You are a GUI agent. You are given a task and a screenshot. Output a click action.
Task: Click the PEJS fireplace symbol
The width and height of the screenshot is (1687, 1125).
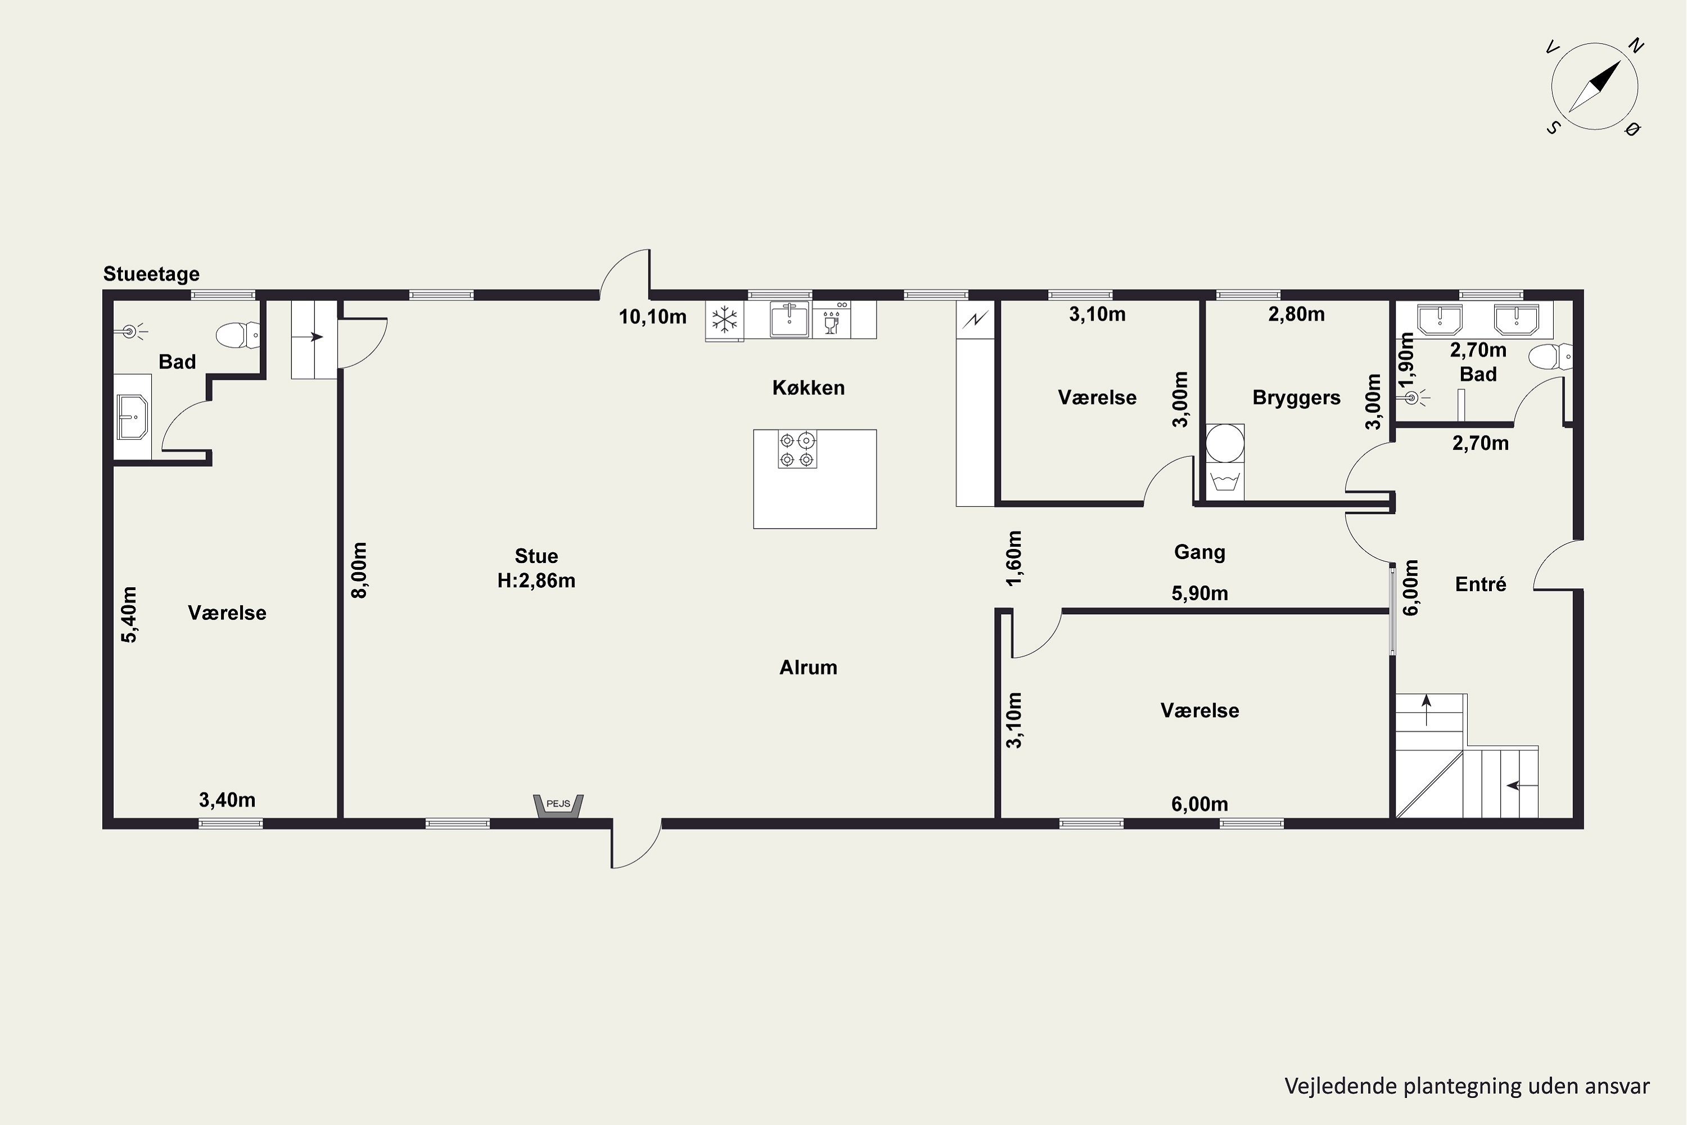pyautogui.click(x=558, y=805)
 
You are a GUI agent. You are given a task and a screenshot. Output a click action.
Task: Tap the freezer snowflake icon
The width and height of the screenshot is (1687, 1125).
pyautogui.click(x=724, y=319)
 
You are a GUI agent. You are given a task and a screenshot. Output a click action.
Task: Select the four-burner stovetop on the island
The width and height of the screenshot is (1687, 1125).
pyautogui.click(x=797, y=449)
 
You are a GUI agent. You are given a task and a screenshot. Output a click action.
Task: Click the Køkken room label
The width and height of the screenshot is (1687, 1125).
pyautogui.click(x=809, y=388)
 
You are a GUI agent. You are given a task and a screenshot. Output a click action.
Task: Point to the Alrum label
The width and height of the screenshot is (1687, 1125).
pyautogui.click(x=809, y=667)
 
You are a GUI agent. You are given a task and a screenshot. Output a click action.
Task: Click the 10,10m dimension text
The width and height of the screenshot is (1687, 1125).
pyautogui.click(x=653, y=316)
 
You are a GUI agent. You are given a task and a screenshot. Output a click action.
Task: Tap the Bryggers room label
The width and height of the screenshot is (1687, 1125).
pyautogui.click(x=1296, y=398)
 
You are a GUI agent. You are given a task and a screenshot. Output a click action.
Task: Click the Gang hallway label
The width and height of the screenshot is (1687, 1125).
pyautogui.click(x=1199, y=552)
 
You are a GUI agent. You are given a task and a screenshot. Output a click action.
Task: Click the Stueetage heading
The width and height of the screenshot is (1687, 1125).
pyautogui.click(x=151, y=273)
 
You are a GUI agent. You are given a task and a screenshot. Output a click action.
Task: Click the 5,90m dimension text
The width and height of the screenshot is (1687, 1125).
pyautogui.click(x=1199, y=593)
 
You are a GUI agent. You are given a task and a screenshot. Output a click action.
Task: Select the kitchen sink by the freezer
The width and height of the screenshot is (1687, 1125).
pyautogui.click(x=789, y=319)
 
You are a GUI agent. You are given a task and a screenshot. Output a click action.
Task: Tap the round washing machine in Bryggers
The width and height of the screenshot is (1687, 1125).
pyautogui.click(x=1224, y=443)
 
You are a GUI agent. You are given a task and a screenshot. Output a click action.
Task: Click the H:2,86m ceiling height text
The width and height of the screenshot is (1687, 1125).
pyautogui.click(x=536, y=580)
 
